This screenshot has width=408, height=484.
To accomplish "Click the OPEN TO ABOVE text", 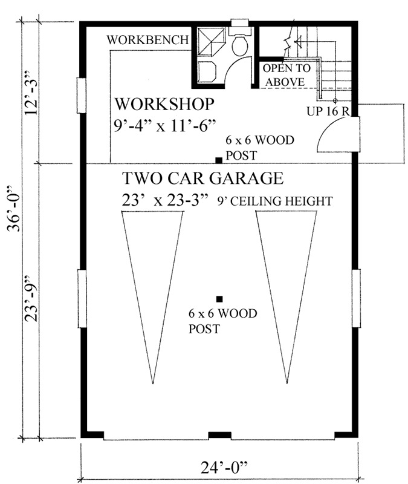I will (x=287, y=74).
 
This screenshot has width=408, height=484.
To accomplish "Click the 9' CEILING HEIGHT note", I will (x=275, y=201).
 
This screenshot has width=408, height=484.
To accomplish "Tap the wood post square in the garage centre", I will (x=219, y=298).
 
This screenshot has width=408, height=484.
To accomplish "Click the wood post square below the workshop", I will (x=219, y=160).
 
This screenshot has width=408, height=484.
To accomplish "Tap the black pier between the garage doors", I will (x=216, y=435).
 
